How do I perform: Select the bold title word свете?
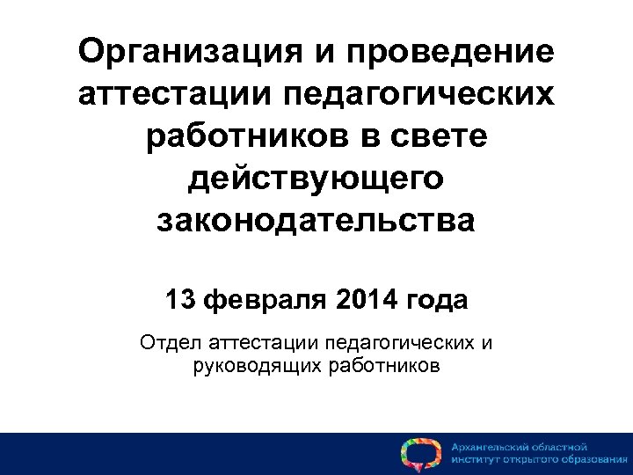coord(436,136)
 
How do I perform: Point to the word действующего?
coord(316,179)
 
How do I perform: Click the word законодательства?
coord(316,220)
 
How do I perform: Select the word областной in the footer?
coord(559,447)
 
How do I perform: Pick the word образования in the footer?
coord(588,460)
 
